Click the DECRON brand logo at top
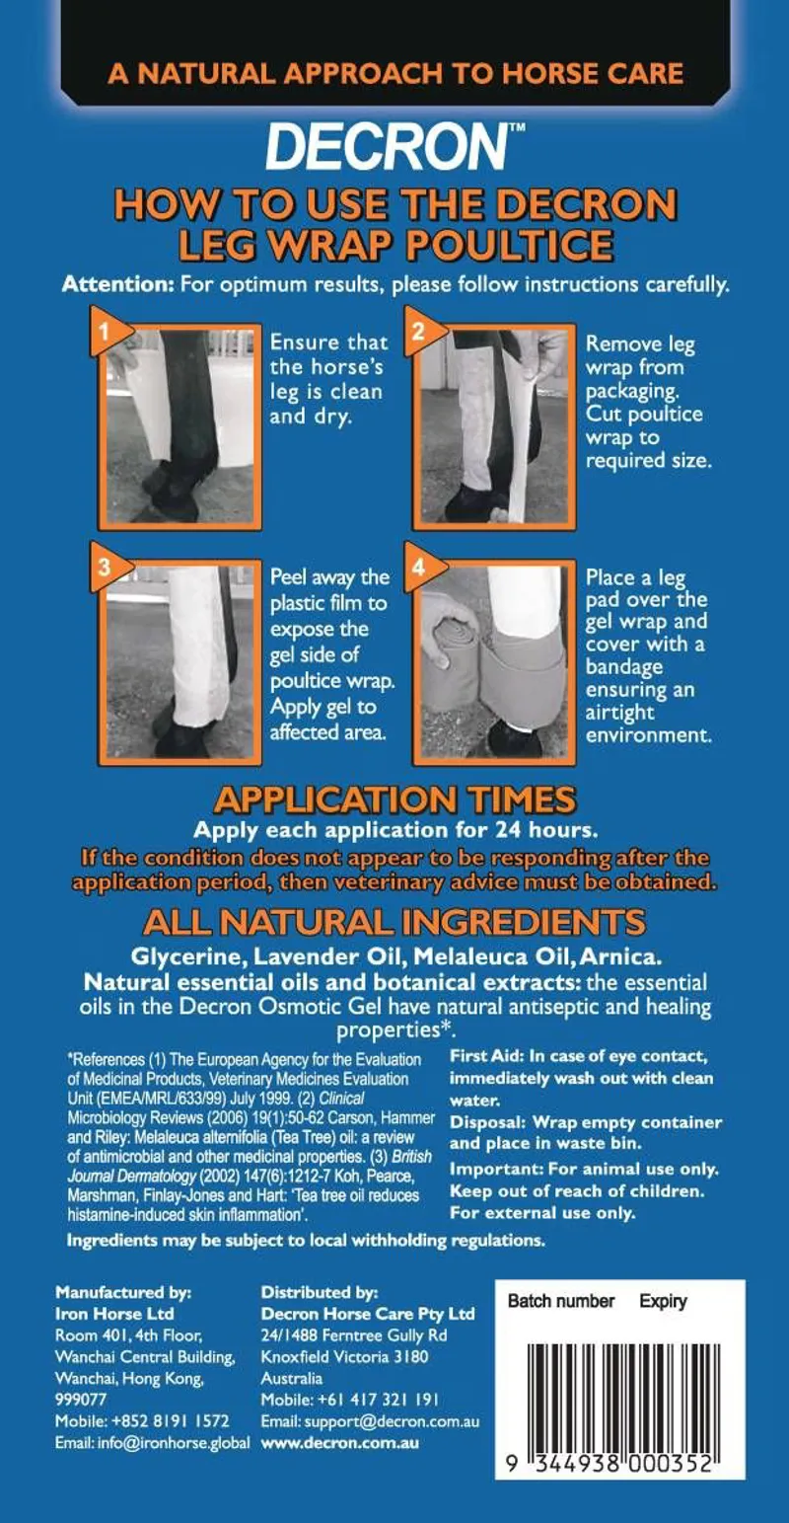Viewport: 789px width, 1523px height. coord(388,147)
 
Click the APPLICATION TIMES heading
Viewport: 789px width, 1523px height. coord(394,799)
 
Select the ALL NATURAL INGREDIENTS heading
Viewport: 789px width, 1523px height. coord(394,922)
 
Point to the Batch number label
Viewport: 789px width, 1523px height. coord(560,1301)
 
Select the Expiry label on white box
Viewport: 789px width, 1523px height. coord(663,1301)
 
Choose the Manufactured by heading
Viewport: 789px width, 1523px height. coord(123,1291)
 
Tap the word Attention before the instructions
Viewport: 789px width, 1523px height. coord(117,285)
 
